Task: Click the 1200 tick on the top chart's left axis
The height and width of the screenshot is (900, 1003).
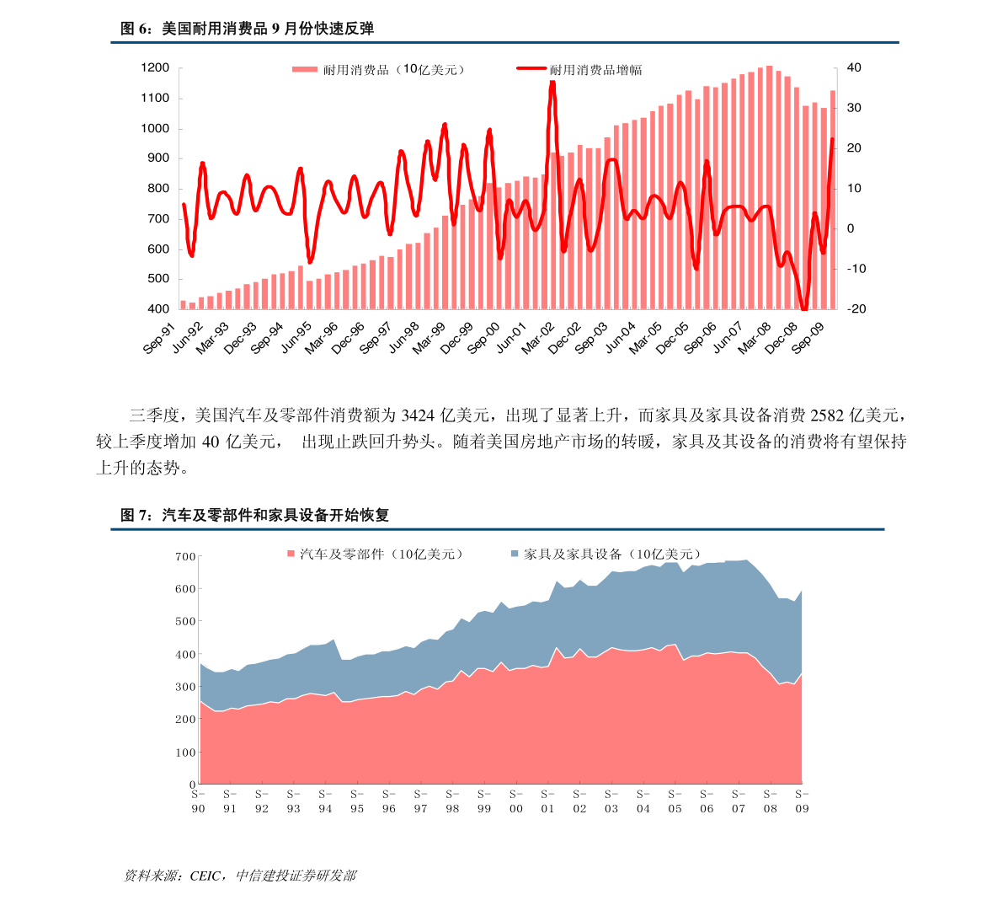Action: pyautogui.click(x=155, y=68)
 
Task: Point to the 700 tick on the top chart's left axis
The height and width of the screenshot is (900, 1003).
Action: pyautogui.click(x=157, y=219)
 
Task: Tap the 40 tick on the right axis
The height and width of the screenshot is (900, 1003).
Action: pyautogui.click(x=853, y=68)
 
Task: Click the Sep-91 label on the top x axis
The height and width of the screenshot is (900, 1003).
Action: pyautogui.click(x=160, y=339)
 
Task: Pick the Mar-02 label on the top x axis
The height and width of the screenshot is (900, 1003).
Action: pyautogui.click(x=539, y=339)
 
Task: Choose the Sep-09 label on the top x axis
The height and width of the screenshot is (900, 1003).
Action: pyautogui.click(x=808, y=339)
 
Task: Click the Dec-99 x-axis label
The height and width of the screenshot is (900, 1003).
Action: pyautogui.click(x=456, y=339)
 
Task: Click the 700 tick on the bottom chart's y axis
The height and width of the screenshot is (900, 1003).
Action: pyautogui.click(x=185, y=557)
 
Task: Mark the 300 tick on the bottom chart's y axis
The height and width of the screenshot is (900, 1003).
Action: pyautogui.click(x=185, y=688)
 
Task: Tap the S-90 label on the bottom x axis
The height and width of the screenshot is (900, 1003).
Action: pyautogui.click(x=198, y=801)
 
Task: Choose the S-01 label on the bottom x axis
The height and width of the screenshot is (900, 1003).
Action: pyautogui.click(x=548, y=801)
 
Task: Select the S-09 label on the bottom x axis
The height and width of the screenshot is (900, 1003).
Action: pyautogui.click(x=802, y=801)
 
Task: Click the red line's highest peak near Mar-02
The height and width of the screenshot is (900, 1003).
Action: pyautogui.click(x=552, y=83)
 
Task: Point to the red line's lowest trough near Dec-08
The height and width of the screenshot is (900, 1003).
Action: pyautogui.click(x=804, y=309)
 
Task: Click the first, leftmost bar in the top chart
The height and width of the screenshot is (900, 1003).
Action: pyautogui.click(x=183, y=305)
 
